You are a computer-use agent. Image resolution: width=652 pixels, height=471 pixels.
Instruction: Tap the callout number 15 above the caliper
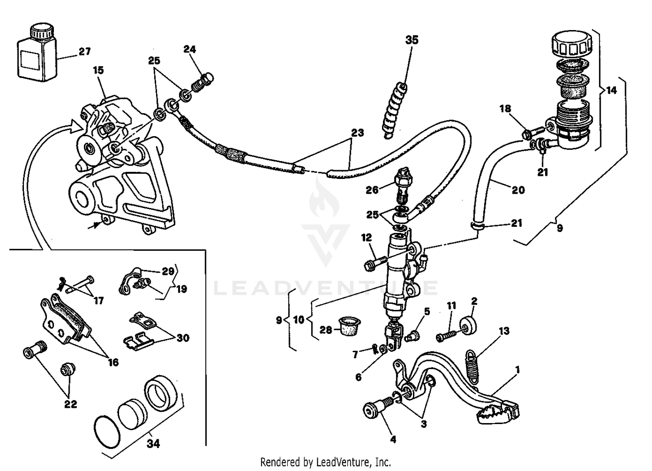pos(98,70)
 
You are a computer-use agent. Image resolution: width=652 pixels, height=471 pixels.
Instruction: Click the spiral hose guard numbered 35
pos(395,111)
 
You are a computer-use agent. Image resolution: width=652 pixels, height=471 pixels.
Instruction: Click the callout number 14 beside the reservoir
pos(611,91)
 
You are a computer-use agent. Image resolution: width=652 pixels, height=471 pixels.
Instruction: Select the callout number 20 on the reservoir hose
pos(518,190)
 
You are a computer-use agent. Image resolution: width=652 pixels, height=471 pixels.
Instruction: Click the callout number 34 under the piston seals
pos(153,444)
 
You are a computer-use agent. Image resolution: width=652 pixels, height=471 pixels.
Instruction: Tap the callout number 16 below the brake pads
pos(113,362)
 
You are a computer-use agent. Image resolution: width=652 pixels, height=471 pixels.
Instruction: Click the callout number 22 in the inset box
pos(70,404)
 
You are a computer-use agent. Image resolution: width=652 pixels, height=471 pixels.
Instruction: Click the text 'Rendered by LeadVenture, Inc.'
pos(326,461)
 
